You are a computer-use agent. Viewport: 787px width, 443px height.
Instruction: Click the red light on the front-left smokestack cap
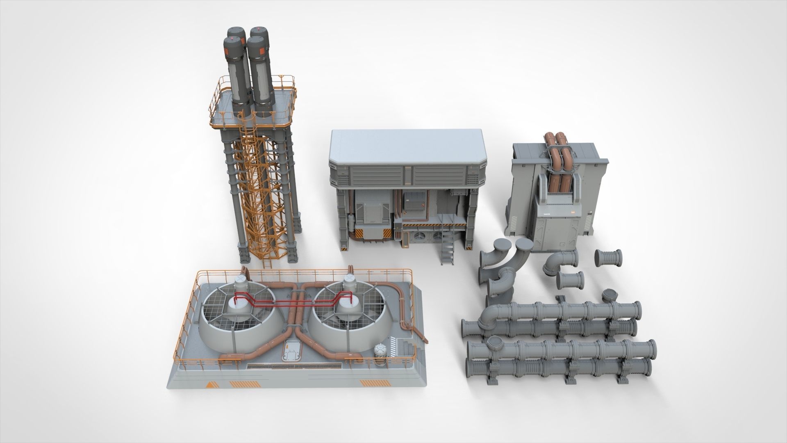coord(232,39)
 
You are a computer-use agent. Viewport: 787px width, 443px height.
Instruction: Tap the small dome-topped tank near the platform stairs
coord(380,350)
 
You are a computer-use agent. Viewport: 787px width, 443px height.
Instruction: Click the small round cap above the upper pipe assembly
coord(610,294)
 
